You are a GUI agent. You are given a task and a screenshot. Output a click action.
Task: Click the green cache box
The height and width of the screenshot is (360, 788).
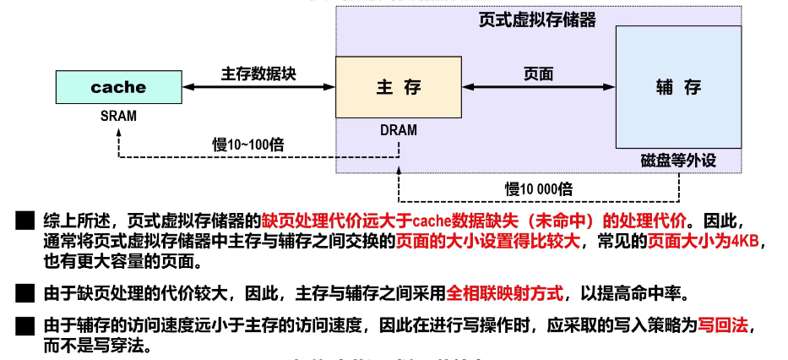(118, 87)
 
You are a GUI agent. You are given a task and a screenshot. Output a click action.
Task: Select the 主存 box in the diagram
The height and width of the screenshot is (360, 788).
(398, 87)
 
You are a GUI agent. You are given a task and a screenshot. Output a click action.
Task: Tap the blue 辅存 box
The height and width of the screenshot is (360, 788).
(678, 87)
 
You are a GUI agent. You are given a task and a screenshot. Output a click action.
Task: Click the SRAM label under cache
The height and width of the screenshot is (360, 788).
(118, 116)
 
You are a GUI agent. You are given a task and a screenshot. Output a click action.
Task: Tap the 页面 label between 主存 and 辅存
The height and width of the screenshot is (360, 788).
(539, 73)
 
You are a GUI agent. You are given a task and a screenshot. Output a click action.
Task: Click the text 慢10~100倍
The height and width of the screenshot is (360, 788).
(247, 144)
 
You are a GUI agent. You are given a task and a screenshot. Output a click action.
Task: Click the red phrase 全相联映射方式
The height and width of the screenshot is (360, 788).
(505, 294)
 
